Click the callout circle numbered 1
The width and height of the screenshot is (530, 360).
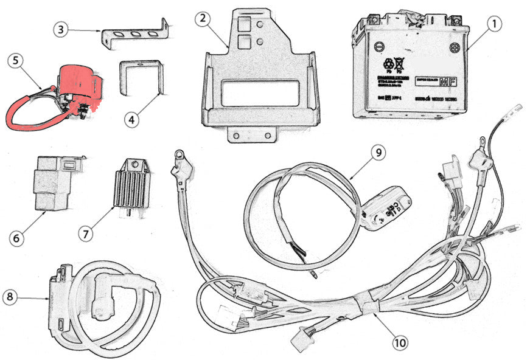click(494, 24)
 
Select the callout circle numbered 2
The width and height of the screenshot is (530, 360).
click(203, 18)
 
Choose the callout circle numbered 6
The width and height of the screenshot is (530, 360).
click(17, 236)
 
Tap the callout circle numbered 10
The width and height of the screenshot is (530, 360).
click(400, 343)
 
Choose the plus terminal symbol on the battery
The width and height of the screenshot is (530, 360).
click(454, 47)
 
